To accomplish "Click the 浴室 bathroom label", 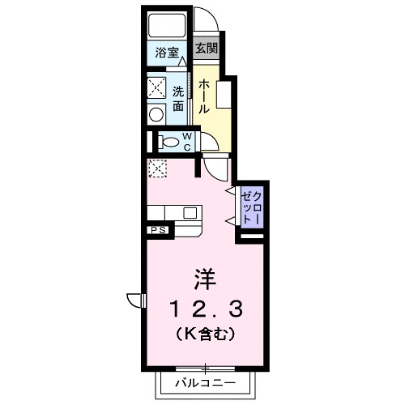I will (x=168, y=54).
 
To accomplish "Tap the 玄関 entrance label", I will (x=207, y=47).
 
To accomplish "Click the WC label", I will (x=185, y=141).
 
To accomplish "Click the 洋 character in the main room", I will (x=205, y=279).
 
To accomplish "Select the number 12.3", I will (x=205, y=309).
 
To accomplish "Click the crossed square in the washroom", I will (x=156, y=86).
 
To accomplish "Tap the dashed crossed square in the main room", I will (x=156, y=168).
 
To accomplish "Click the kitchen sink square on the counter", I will (x=190, y=213).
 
